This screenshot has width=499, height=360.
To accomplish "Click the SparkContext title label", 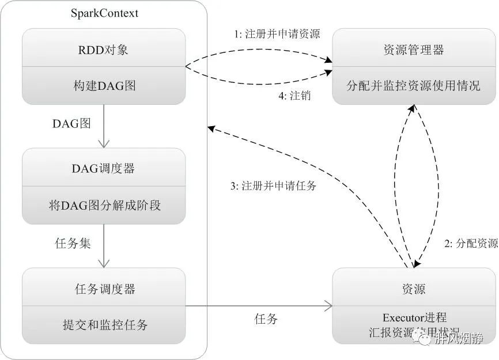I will click(104, 13).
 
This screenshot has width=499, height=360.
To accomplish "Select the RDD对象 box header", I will click(104, 50).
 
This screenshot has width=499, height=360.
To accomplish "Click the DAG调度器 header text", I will click(104, 168).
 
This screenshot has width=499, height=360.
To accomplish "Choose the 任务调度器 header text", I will click(104, 289).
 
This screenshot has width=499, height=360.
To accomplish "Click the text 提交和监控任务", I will click(104, 325).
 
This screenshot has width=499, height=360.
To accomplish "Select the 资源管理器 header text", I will click(414, 50).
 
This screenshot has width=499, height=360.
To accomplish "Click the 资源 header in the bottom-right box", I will click(414, 289).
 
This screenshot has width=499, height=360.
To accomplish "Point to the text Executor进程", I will click(414, 317).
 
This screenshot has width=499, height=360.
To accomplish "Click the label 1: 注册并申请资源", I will click(277, 34).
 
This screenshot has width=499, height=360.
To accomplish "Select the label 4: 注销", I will click(294, 96).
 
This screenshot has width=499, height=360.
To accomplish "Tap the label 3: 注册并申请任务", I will click(273, 186).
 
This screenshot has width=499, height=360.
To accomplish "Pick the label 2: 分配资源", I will click(471, 243).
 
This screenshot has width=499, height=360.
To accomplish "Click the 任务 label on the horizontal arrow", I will click(266, 319).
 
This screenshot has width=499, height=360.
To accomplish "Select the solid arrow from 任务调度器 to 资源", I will click(259, 306).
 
